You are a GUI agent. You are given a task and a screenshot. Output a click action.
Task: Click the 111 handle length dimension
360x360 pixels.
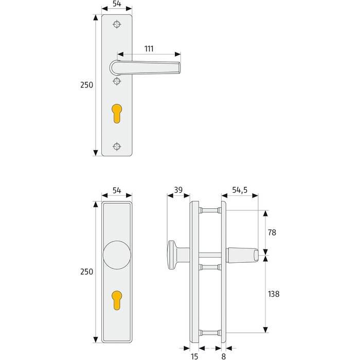[149, 49]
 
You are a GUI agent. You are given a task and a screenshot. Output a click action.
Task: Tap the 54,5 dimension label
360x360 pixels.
[240, 190]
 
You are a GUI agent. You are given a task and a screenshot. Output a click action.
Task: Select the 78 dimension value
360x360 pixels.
[272, 232]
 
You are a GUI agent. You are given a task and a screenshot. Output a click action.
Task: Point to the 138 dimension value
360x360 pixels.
[274, 294]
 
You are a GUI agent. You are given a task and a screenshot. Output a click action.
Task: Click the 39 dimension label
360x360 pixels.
[178, 190]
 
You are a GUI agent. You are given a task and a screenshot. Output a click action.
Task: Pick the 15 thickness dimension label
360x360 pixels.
[194, 356]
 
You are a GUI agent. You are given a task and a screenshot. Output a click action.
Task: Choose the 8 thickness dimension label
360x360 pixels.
[223, 356]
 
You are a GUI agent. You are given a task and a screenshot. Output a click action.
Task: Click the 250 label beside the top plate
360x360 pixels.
[86, 85]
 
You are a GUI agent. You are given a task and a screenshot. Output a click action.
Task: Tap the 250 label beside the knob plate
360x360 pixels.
[86, 272]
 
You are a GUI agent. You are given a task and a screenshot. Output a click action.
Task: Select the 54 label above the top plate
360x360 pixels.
[117, 4]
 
